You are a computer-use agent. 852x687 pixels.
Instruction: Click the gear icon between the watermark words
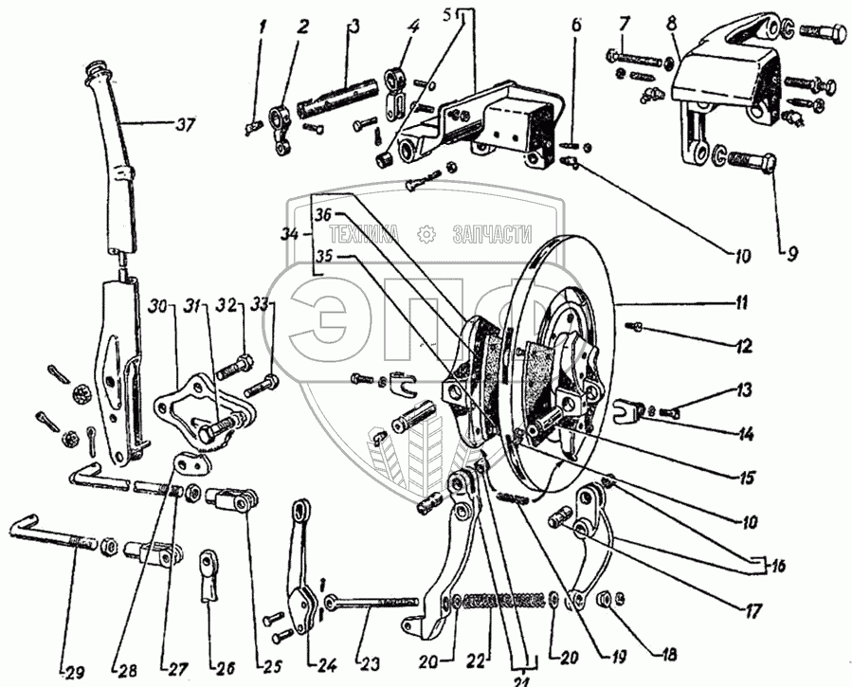click(429, 234)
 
